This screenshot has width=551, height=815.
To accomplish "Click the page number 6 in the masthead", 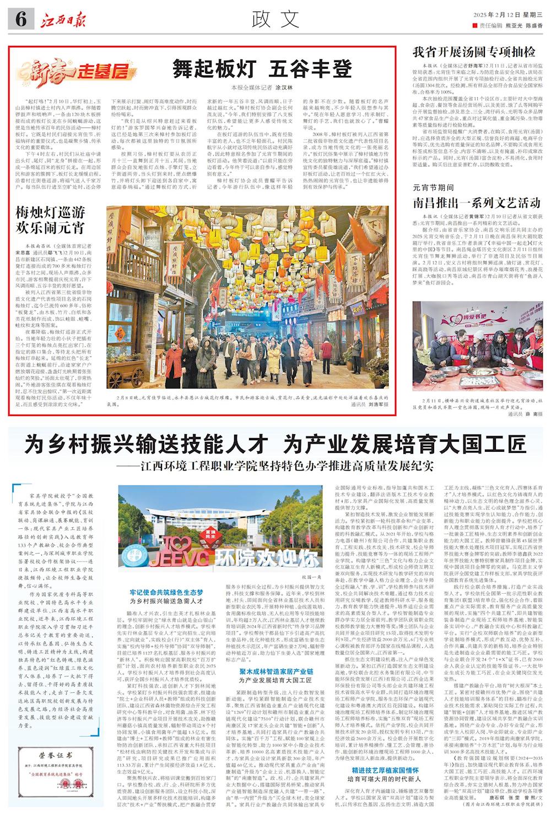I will pyautogui.click(x=21, y=20).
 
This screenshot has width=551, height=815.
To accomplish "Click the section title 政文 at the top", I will pyautogui.click(x=275, y=20).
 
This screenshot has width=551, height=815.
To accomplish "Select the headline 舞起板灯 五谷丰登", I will pyautogui.click(x=262, y=69).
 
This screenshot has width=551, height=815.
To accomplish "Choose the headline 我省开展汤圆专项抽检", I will pyautogui.click(x=474, y=52).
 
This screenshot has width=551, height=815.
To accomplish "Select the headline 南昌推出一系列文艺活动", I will pyautogui.click(x=477, y=203).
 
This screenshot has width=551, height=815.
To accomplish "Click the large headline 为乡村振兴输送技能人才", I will pyautogui.click(x=147, y=444).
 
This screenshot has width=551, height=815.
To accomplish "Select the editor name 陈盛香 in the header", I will pyautogui.click(x=533, y=26).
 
